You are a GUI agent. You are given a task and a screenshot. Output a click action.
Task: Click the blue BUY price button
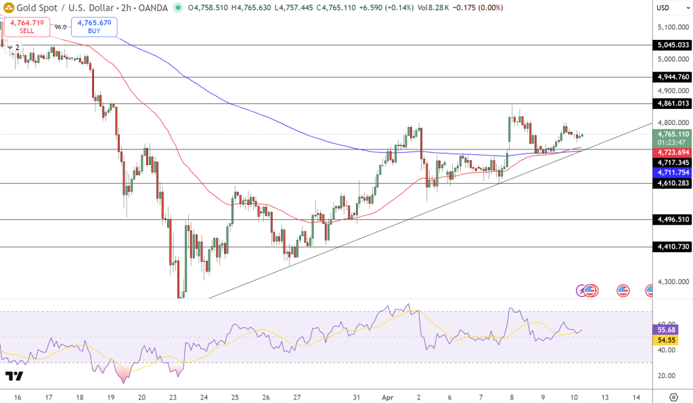[x=95, y=26]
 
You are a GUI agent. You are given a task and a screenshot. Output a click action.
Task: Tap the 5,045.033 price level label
[x=673, y=45]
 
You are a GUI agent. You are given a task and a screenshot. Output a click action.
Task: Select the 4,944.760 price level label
[x=673, y=77]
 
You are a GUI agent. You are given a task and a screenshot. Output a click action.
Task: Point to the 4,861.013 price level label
[x=673, y=103]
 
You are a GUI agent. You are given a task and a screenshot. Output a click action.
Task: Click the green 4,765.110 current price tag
[x=673, y=134]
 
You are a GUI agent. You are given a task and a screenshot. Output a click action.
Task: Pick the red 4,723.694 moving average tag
[x=673, y=153]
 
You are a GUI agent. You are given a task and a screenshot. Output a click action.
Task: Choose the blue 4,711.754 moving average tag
[x=673, y=173]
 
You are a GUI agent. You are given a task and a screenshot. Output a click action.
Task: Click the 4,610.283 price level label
[x=673, y=183]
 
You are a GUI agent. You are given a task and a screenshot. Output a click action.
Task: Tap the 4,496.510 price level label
[x=673, y=220]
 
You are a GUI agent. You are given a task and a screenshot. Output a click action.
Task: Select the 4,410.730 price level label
[x=673, y=247]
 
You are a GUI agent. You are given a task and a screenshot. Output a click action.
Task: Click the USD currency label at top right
[x=663, y=7]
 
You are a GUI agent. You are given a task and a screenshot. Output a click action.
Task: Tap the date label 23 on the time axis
[x=173, y=397]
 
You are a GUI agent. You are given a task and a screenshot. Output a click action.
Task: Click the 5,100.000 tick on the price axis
[x=673, y=27]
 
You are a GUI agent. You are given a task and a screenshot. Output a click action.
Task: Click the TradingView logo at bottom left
[x=14, y=375]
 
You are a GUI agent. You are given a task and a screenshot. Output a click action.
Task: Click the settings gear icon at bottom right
[x=673, y=397]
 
